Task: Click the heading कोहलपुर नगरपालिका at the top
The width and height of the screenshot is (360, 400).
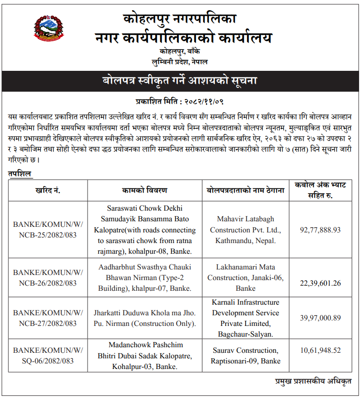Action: [x=180, y=19]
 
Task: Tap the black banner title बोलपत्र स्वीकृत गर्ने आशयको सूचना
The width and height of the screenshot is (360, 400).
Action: [x=180, y=81]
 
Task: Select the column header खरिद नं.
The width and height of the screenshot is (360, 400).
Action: [x=48, y=190]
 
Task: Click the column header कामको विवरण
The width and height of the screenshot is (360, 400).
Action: [x=145, y=190]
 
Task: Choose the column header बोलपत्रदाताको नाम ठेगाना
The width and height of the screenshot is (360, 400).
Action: [x=246, y=190]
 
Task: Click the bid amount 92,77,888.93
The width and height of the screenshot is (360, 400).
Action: [x=320, y=229]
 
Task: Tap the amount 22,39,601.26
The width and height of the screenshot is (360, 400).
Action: [x=320, y=283]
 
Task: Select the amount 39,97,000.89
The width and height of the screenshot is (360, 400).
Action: [x=320, y=318]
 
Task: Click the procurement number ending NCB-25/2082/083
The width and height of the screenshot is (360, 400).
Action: [x=48, y=229]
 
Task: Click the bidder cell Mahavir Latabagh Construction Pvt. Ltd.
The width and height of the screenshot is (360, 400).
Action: [x=246, y=230]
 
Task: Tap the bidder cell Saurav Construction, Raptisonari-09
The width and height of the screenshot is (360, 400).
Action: [x=246, y=356]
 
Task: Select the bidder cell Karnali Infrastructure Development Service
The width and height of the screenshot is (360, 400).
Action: [x=246, y=318]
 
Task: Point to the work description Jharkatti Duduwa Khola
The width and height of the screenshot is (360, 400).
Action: [x=145, y=318]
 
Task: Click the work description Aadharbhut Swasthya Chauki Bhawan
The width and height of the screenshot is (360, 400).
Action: [x=145, y=277]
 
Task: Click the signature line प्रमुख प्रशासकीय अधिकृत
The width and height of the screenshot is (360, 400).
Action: [x=313, y=381]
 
